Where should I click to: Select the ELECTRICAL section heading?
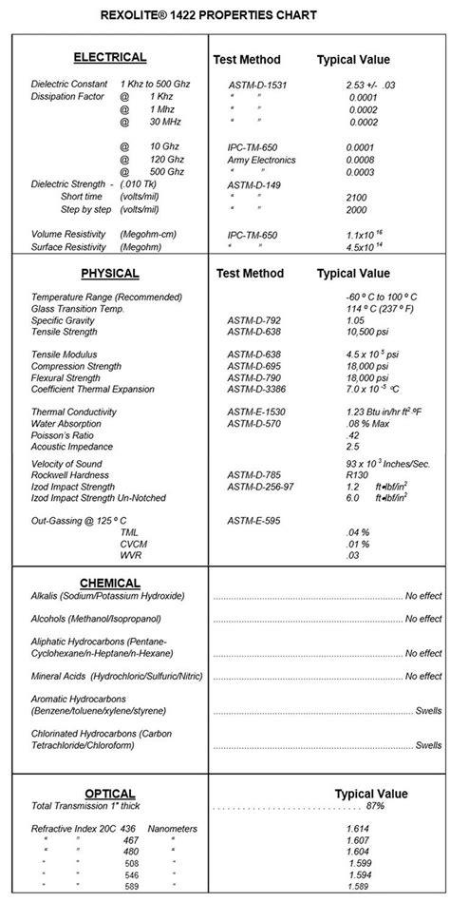pyautogui.click(x=109, y=57)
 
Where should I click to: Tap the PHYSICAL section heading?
pyautogui.click(x=109, y=274)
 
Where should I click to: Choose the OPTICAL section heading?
pyautogui.click(x=109, y=793)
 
